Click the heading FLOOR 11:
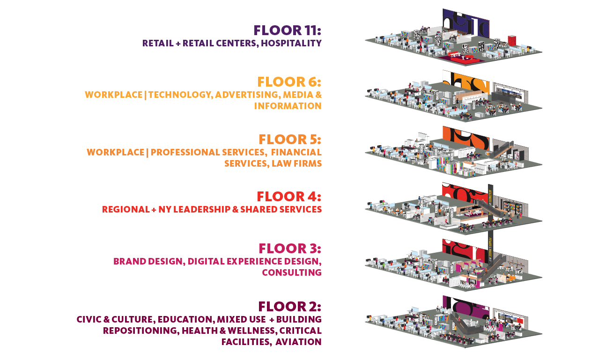click(x=287, y=30)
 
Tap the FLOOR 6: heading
click(x=289, y=82)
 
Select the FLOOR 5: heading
click(x=290, y=140)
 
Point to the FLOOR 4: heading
click(x=289, y=197)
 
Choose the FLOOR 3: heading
click(x=290, y=249)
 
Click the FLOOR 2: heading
click(x=289, y=307)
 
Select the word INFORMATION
click(x=288, y=106)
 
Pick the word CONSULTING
click(x=291, y=273)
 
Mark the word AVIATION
click(x=298, y=342)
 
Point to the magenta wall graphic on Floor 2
click(x=473, y=311)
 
